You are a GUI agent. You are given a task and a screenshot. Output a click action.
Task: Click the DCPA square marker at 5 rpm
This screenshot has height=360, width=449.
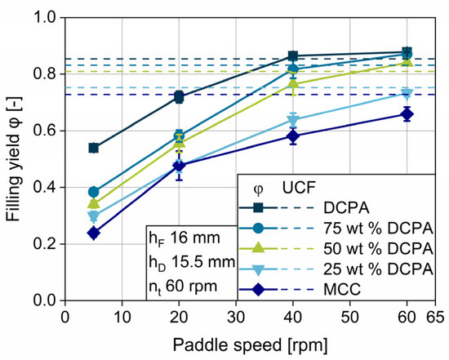94,148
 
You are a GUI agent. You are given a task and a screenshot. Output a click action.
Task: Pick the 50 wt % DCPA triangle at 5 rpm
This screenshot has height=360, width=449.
94,203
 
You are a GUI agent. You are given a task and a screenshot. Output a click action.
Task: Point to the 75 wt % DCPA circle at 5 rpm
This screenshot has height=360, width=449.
94,192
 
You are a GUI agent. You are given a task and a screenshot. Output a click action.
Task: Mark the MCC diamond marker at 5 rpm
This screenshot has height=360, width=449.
94,233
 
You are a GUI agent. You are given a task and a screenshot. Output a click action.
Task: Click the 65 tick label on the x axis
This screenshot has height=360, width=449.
435,315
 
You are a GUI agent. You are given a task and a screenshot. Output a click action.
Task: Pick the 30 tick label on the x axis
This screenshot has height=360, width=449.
236,315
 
